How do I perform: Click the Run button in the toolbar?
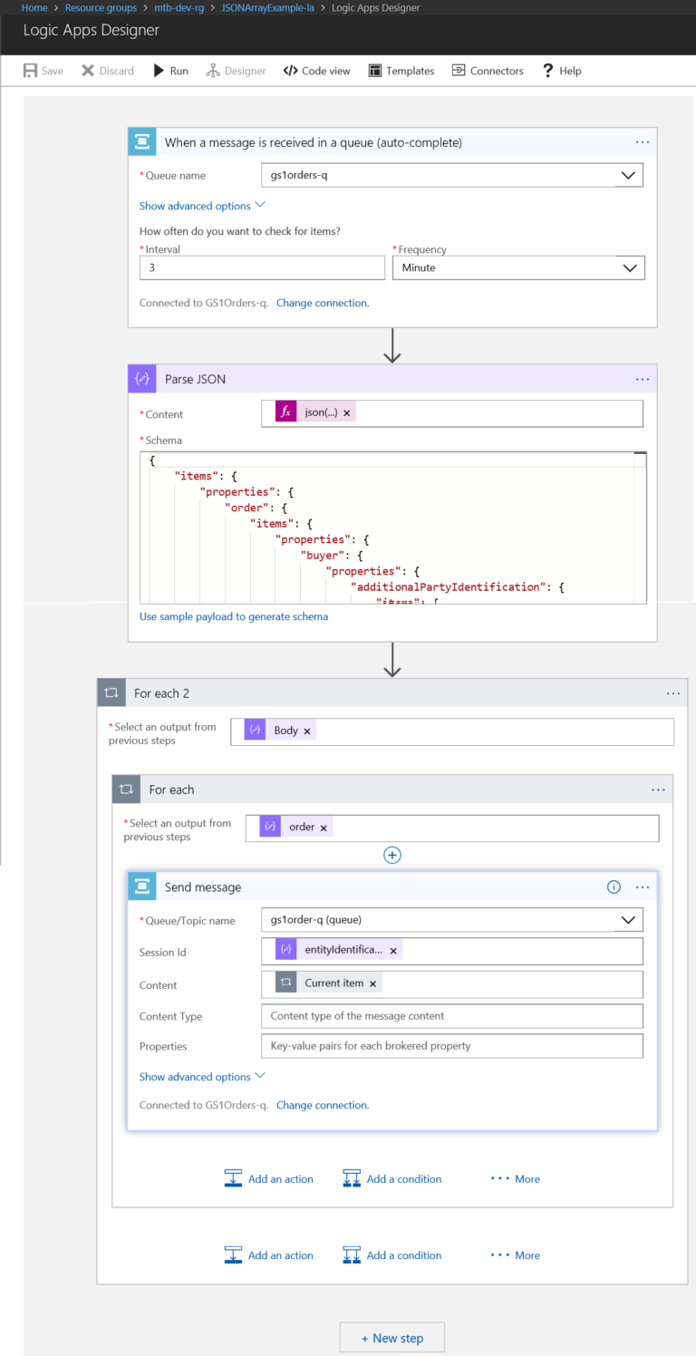[x=170, y=71]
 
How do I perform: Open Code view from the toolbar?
[x=316, y=71]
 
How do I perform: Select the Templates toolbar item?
[x=401, y=71]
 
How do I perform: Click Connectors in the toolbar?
[x=488, y=71]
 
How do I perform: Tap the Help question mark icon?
[x=547, y=71]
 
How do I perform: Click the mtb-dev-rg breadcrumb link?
[x=179, y=8]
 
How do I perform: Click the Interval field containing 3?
[x=262, y=267]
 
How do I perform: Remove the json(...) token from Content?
[x=347, y=412]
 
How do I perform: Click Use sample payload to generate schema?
[x=234, y=616]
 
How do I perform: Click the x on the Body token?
[x=307, y=731]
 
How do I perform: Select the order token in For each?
[x=296, y=827]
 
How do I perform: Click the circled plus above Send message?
[x=392, y=855]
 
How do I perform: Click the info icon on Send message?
[x=614, y=886]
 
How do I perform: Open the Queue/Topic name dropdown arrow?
[x=628, y=920]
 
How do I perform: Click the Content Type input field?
[x=452, y=1016]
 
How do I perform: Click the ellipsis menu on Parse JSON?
[x=643, y=379]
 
